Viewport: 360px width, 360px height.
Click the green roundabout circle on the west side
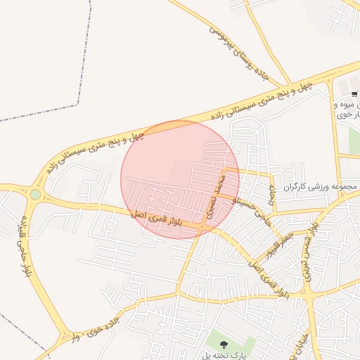coord(35,194)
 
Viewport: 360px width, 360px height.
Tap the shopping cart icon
coord(354,94)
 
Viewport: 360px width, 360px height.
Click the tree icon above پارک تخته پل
coord(224,345)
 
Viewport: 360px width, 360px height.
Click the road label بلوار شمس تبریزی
coord(310,250)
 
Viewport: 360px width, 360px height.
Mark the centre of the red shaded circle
coord(180,179)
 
